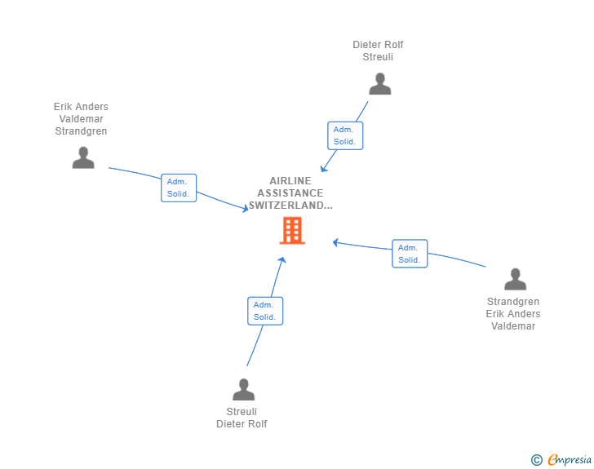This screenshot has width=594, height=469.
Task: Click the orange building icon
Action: (292, 230)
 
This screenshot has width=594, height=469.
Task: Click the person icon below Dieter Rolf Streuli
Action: (380, 84)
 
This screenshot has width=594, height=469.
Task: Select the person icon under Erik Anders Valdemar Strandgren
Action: (83, 157)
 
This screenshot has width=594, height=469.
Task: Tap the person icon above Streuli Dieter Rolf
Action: (244, 389)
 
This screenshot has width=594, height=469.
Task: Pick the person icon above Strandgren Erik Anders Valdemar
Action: (515, 279)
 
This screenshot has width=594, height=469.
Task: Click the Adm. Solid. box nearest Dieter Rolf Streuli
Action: (345, 135)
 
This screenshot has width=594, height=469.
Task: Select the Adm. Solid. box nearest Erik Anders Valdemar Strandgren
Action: (179, 188)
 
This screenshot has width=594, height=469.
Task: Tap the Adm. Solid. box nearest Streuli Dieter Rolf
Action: (265, 311)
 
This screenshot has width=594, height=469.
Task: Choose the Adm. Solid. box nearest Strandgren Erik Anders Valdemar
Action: (410, 254)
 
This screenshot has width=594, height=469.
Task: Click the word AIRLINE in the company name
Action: (290, 181)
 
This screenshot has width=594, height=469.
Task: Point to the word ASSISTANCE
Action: (290, 193)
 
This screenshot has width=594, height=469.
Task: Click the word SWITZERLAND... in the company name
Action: (290, 206)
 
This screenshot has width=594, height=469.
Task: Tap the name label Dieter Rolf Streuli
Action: (378, 51)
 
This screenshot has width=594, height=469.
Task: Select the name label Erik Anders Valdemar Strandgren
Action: (81, 118)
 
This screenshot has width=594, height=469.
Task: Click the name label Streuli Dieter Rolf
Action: (242, 418)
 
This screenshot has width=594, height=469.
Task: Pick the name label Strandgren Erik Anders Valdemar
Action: (513, 314)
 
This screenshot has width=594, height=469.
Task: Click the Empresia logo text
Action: (570, 459)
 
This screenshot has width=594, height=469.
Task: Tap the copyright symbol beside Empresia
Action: (536, 460)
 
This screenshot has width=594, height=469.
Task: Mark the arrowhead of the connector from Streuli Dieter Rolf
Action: (282, 259)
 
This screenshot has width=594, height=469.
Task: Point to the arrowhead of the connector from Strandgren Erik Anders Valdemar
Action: (335, 242)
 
